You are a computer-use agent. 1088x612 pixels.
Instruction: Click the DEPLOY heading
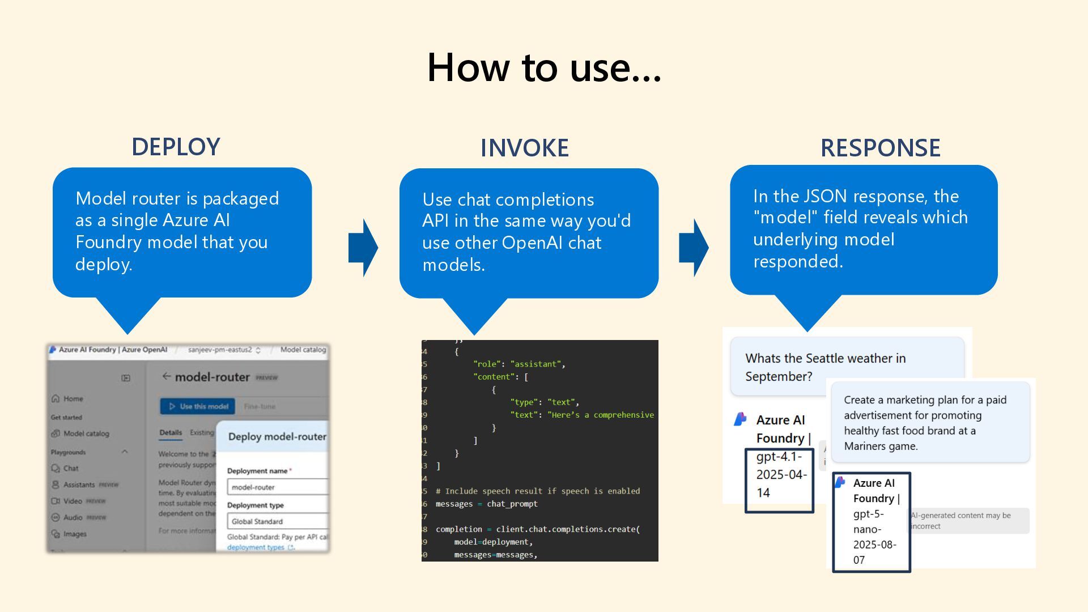coord(176,147)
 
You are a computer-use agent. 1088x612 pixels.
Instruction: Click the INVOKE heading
coord(524,148)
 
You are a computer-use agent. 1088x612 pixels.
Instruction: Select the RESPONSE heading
coord(880,148)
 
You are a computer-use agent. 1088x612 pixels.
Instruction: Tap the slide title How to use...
coord(543,67)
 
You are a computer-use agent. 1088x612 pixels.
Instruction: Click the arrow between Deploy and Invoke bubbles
coord(363,248)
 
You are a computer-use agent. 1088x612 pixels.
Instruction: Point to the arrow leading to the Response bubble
coord(694,248)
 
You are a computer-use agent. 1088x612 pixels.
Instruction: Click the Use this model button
coord(198,406)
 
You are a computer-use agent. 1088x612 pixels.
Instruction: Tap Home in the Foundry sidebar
coord(73,398)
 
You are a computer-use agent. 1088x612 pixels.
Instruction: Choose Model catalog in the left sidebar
coord(86,433)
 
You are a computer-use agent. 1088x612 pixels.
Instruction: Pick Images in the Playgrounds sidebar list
coord(75,534)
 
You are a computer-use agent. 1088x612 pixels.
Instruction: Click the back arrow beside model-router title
coord(166,376)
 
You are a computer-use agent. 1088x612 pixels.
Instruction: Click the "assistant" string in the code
coord(535,364)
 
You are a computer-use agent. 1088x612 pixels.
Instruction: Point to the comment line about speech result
coord(537,491)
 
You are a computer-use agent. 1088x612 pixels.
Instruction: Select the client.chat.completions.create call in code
coord(567,529)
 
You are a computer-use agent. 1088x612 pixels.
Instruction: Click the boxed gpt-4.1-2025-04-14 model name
coord(779,475)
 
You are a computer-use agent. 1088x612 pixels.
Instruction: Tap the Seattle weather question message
coord(825,367)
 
